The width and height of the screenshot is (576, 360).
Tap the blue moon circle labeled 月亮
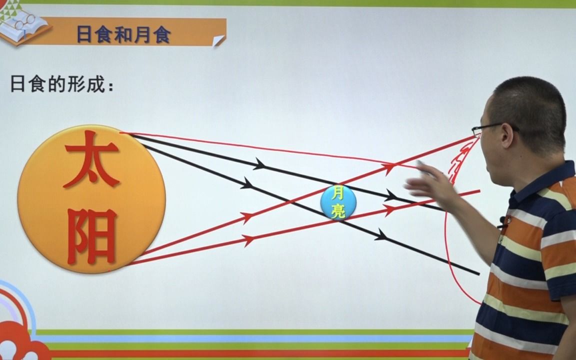click(x=338, y=202)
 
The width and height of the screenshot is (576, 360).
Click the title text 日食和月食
click(x=123, y=34)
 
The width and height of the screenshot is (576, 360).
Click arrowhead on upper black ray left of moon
click(x=259, y=163)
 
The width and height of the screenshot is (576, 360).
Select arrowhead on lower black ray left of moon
click(x=247, y=183)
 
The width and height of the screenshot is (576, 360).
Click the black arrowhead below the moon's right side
click(x=381, y=234)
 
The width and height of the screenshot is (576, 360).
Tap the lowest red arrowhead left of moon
click(x=248, y=240)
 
